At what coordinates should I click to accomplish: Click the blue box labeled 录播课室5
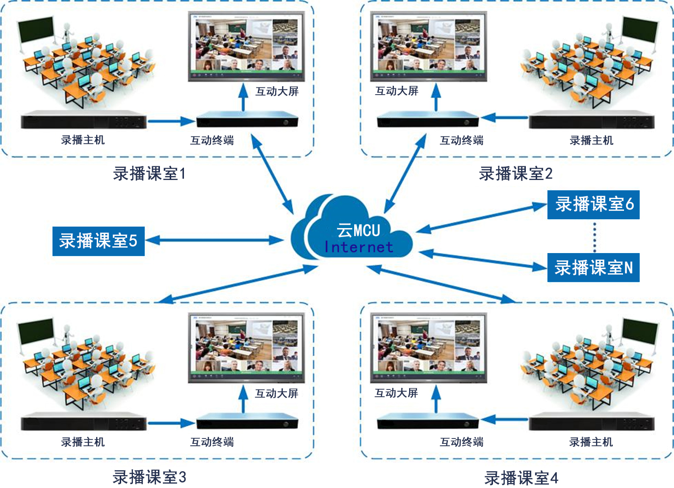(98, 241)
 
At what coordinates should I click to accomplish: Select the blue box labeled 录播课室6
(593, 204)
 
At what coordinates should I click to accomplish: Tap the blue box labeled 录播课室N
(593, 267)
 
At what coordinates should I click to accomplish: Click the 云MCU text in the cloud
(359, 230)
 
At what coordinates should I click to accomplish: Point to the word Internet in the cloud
(359, 247)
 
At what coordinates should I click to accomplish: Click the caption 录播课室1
(149, 174)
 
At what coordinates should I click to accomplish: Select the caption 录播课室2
(516, 174)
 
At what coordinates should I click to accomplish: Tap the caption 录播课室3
(149, 477)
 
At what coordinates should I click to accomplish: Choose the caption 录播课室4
(521, 477)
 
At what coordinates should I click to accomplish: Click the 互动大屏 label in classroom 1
(277, 91)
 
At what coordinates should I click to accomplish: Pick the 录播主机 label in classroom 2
(591, 140)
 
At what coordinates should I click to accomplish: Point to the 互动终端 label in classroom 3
(212, 442)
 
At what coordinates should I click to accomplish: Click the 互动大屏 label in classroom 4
(396, 393)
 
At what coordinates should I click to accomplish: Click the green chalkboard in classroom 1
(36, 29)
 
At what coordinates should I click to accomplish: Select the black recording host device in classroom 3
(83, 422)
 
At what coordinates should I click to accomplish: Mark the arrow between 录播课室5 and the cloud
(214, 240)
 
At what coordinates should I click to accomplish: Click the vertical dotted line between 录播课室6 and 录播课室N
(595, 236)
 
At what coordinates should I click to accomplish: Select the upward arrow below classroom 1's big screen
(243, 97)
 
